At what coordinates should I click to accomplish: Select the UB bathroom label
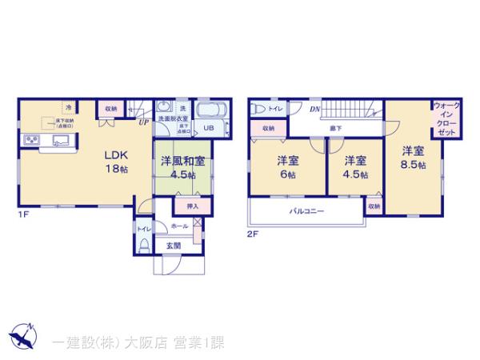click(207, 128)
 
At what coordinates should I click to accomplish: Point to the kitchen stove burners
click(32, 142)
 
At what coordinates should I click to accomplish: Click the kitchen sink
click(62, 141)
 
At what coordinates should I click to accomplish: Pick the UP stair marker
click(144, 122)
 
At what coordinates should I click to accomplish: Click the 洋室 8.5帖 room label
click(413, 158)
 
